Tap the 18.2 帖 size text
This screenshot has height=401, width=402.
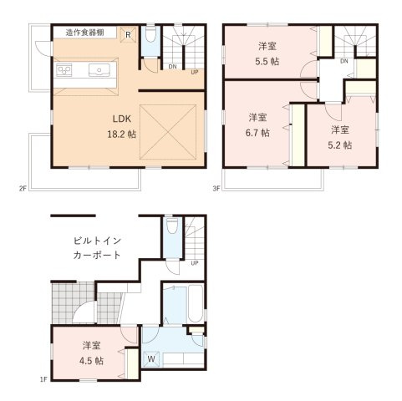pyautogui.click(x=117, y=133)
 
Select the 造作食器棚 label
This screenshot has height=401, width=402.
pyautogui.click(x=85, y=33)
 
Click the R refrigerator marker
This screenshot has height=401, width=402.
pyautogui.click(x=128, y=34)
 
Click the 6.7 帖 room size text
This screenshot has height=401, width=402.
pyautogui.click(x=258, y=132)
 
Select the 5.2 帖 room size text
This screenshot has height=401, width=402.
pyautogui.click(x=340, y=144)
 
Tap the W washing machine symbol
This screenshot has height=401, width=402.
pyautogui.click(x=151, y=361)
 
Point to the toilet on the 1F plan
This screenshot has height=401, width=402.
pyautogui.click(x=171, y=227)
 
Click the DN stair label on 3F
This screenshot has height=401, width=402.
pyautogui.click(x=344, y=61)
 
